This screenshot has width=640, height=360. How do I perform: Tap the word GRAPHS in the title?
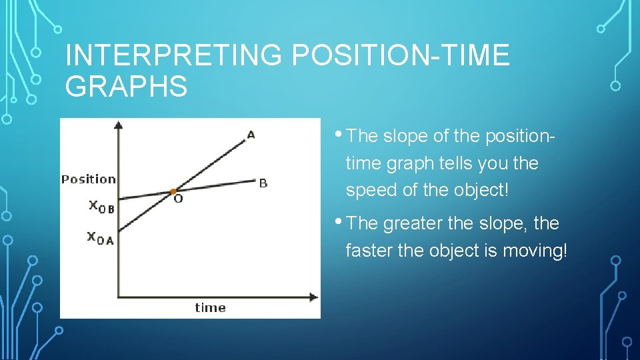127,87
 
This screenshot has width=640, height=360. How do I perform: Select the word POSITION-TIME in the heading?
401,56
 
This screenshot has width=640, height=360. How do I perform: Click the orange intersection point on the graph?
173,191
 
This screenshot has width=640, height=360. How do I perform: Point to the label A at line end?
251,135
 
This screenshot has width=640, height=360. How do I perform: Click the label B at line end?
263,183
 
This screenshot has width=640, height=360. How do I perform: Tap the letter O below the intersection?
178,199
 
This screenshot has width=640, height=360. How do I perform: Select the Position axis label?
88,179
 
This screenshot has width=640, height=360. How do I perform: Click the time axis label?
210,307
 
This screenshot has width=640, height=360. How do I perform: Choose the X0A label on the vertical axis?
101,237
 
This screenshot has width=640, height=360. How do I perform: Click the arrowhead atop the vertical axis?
118,125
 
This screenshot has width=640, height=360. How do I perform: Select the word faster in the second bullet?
369,251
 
